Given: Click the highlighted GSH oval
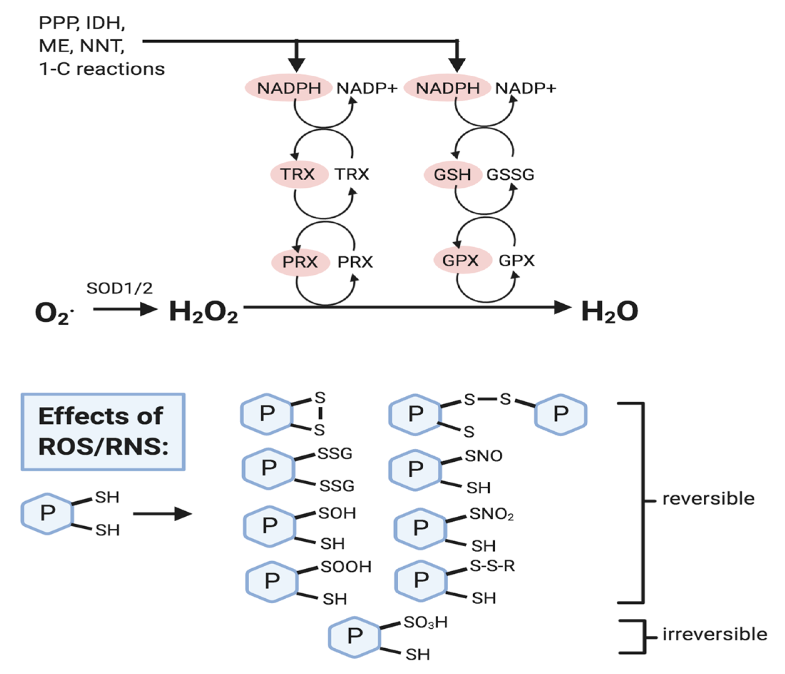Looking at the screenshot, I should (452, 175).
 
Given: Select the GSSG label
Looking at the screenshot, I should (510, 175).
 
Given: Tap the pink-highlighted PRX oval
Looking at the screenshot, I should (300, 262).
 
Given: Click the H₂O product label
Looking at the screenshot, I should (610, 311).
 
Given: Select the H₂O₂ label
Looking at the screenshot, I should (203, 311).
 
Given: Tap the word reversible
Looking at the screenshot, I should (708, 499).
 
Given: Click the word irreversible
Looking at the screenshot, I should (714, 634).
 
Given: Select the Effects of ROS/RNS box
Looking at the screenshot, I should (103, 432).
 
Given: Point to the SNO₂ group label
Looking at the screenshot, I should (491, 515).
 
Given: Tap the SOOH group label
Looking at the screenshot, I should (346, 567).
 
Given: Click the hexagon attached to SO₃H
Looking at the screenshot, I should (355, 637).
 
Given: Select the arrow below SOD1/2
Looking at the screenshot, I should (125, 309).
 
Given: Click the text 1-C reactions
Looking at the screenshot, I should (102, 69).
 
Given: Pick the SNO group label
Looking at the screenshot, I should (483, 456).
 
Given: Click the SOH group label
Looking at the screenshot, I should (337, 513).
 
